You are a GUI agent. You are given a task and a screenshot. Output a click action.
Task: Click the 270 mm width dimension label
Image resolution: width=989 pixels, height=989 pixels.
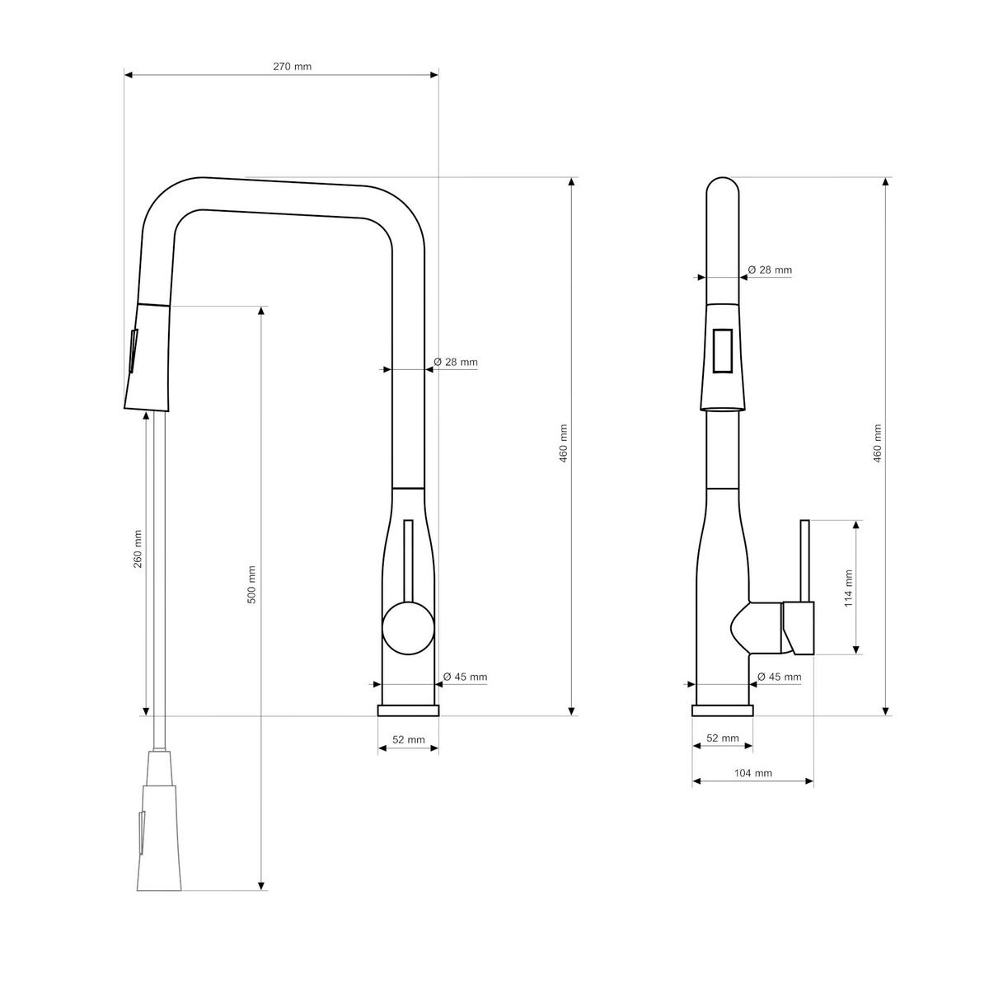tap(293, 67)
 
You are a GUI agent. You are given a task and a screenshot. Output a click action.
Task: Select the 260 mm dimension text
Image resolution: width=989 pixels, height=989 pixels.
tap(138, 548)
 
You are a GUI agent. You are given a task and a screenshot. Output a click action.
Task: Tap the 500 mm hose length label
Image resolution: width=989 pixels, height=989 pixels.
tap(252, 584)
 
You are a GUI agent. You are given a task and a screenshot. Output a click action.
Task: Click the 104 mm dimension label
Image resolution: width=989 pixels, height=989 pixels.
tap(752, 773)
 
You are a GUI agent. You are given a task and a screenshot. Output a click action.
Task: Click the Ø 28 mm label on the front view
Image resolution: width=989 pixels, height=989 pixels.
tap(456, 362)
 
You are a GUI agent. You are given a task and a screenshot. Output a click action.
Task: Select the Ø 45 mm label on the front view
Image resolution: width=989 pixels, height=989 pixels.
tap(465, 677)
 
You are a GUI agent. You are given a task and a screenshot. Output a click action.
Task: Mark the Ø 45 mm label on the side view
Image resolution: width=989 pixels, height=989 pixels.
tap(779, 677)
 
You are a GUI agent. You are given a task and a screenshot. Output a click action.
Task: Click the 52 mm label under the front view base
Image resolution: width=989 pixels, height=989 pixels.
tap(409, 739)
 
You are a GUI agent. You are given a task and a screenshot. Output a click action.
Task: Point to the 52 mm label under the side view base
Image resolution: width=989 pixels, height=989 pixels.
tap(723, 738)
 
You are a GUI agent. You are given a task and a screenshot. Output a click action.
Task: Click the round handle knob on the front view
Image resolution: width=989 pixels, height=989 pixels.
tap(408, 628)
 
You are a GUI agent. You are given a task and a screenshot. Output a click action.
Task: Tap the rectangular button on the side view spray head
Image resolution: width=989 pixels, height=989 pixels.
tap(723, 351)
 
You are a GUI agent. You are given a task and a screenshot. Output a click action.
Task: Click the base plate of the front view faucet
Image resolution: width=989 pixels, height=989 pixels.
tap(408, 710)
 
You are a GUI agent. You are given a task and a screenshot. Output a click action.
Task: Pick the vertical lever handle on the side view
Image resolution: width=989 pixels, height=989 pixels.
tap(805, 560)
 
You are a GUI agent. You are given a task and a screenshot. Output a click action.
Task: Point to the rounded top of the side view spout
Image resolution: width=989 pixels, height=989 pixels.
tap(723, 186)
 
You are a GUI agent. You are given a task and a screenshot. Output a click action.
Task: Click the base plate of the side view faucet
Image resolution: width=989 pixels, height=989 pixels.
tap(723, 710)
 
